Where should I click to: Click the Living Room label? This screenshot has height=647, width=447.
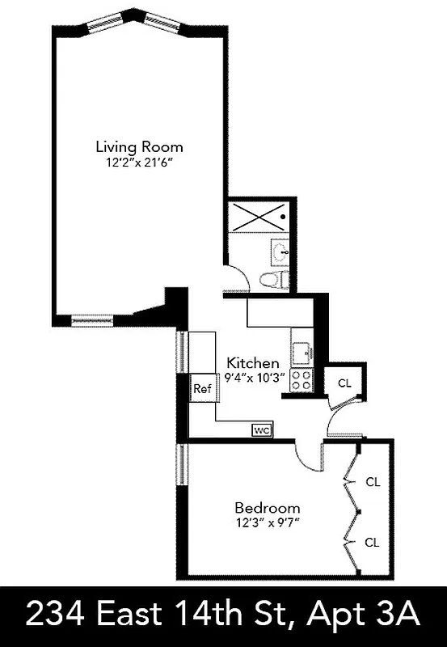pyautogui.click(x=139, y=147)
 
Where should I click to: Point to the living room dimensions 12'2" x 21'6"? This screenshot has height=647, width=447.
pyautogui.click(x=139, y=162)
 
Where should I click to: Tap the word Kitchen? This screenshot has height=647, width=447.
pyautogui.click(x=253, y=363)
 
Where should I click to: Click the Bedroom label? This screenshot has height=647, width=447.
pyautogui.click(x=268, y=508)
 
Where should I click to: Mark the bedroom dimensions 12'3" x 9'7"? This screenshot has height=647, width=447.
pyautogui.click(x=268, y=522)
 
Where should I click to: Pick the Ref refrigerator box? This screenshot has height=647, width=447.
pyautogui.click(x=202, y=389)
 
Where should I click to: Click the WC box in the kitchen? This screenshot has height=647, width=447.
pyautogui.click(x=262, y=430)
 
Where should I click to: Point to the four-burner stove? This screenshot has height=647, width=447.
pyautogui.click(x=302, y=380)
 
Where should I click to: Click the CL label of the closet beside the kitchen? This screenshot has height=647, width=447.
pyautogui.click(x=345, y=383)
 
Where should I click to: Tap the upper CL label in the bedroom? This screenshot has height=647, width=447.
pyautogui.click(x=372, y=482)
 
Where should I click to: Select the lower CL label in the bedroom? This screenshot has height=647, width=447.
pyautogui.click(x=372, y=542)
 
